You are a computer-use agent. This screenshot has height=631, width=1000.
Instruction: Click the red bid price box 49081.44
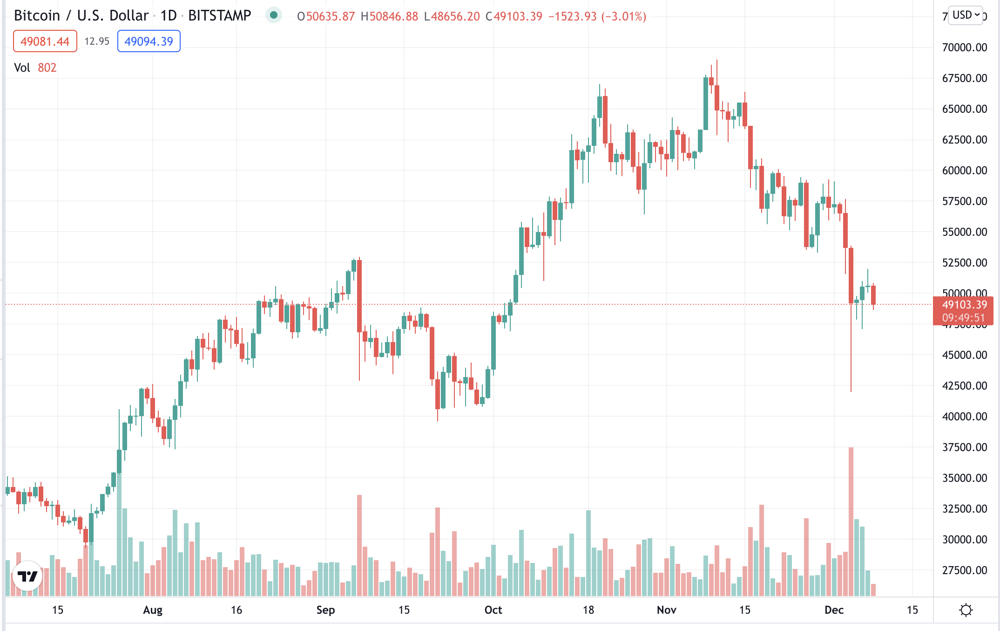(x=45, y=41)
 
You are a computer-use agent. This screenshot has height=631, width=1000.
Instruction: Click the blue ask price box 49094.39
(x=149, y=41)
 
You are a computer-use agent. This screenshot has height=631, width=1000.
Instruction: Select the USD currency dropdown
(x=966, y=15)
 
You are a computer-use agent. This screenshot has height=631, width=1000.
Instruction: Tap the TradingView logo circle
(x=27, y=576)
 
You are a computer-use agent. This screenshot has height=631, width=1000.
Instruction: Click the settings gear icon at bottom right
(x=966, y=610)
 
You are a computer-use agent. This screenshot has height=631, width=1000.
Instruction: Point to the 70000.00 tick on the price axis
(x=964, y=48)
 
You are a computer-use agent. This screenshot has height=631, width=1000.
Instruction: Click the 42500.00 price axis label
(x=964, y=386)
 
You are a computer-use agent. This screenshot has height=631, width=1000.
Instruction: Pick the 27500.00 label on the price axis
(x=964, y=570)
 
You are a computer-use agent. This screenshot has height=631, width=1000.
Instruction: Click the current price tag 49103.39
(x=963, y=305)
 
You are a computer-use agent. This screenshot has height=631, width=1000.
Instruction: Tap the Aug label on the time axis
(x=153, y=610)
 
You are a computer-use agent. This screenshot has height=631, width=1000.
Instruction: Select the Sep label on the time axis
(x=325, y=610)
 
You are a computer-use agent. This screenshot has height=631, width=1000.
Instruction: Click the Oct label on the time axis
(x=493, y=610)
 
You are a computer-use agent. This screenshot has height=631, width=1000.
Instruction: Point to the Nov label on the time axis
(x=666, y=610)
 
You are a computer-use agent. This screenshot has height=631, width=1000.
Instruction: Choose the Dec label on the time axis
(x=834, y=610)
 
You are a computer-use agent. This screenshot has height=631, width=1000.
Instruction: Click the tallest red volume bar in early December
(x=851, y=522)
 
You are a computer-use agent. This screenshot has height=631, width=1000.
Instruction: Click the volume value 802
(x=47, y=68)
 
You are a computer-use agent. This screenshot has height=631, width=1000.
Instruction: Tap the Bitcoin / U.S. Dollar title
(x=81, y=16)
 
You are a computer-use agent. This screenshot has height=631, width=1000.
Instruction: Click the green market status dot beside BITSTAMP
(x=274, y=15)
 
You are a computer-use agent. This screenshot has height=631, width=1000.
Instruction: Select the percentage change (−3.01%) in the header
(x=624, y=17)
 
